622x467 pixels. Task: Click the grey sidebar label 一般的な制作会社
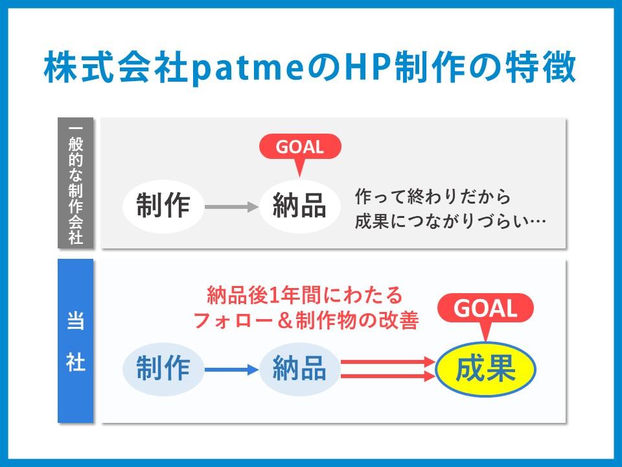(x=75, y=183)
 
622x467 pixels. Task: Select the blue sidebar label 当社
(x=75, y=341)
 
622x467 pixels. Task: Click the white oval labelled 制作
(x=163, y=206)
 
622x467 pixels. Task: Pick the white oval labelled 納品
(x=300, y=206)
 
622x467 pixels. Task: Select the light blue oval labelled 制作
(x=163, y=369)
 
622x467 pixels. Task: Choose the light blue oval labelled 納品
(x=300, y=369)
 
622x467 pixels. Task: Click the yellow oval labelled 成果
(x=485, y=369)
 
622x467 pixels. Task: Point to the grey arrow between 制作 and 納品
(x=232, y=207)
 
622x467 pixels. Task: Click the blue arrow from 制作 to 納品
(x=232, y=370)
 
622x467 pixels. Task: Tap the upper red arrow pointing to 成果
(x=388, y=362)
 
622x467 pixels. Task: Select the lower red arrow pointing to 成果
(x=388, y=376)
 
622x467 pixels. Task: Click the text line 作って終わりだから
(x=432, y=197)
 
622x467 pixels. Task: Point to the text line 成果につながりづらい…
(x=450, y=222)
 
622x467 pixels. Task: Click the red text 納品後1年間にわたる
(x=305, y=295)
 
